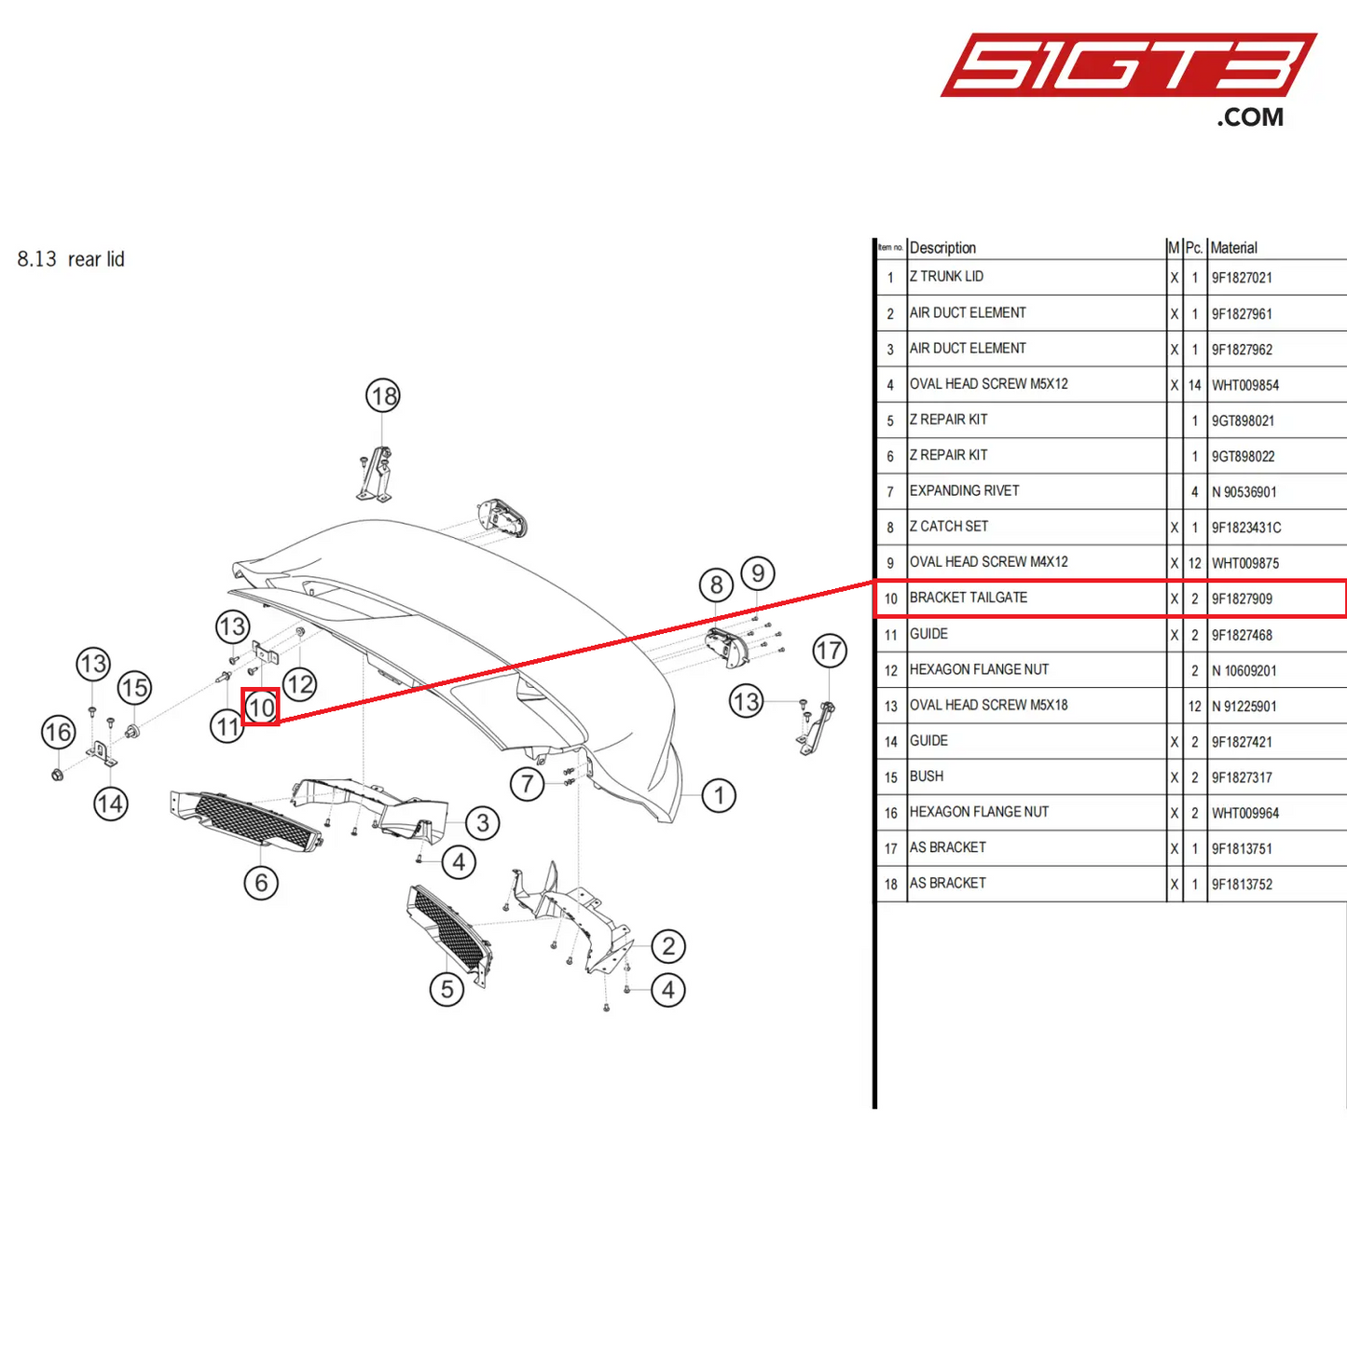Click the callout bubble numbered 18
(x=382, y=396)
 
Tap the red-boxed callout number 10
(x=261, y=708)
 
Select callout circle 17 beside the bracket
(x=829, y=651)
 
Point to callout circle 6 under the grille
(x=261, y=882)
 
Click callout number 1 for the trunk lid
(x=719, y=795)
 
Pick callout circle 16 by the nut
(x=58, y=732)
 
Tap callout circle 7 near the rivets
(x=528, y=783)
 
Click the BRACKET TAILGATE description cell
(x=969, y=598)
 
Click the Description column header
(x=942, y=248)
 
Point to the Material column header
(x=1233, y=248)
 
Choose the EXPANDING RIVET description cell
(x=964, y=491)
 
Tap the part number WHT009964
(x=1245, y=814)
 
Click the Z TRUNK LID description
(x=946, y=277)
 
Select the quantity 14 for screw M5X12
(x=1194, y=385)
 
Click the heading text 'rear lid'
(x=95, y=259)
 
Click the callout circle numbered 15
(x=134, y=688)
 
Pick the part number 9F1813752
(x=1242, y=885)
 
